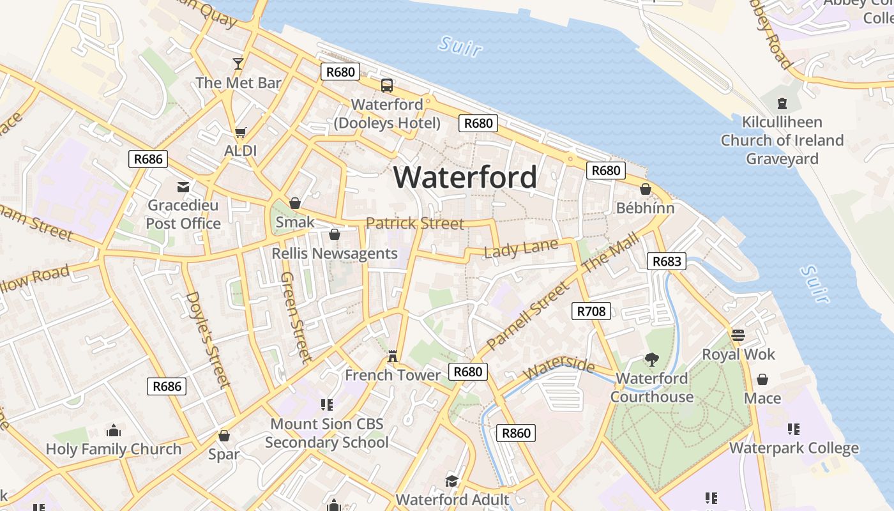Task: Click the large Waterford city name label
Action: [x=465, y=177]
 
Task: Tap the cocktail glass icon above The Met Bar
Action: [x=238, y=63]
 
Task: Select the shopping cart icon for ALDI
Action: [x=240, y=133]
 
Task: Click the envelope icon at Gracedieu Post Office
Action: [x=183, y=187]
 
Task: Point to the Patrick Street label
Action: [x=415, y=224]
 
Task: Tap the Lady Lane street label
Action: [x=520, y=248]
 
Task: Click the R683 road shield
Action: [x=667, y=261]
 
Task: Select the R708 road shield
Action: [x=591, y=311]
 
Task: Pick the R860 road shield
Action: [x=516, y=433]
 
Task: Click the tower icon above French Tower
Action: [x=393, y=356]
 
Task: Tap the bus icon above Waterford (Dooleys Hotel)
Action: [x=387, y=86]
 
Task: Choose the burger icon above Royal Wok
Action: [x=738, y=335]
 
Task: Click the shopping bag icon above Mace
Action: [x=762, y=380]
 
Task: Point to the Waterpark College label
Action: [x=794, y=448]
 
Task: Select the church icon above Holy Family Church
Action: [x=114, y=431]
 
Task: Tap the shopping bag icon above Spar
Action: [x=224, y=436]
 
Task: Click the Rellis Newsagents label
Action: [x=335, y=254]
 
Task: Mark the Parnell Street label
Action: [x=527, y=316]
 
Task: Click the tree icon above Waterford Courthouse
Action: [x=651, y=360]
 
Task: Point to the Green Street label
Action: [x=296, y=317]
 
